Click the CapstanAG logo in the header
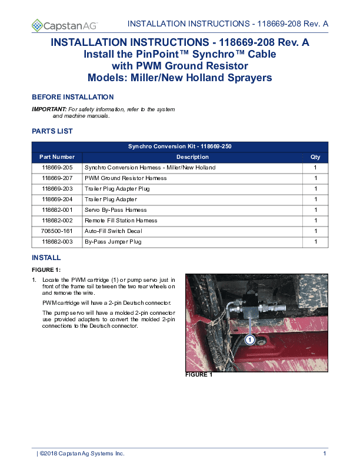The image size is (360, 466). point(65,25)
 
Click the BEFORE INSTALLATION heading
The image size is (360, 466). point(72,97)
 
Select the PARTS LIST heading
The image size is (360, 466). point(52,131)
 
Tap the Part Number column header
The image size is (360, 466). point(57,157)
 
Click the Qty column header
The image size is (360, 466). point(316,157)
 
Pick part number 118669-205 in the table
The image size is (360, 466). point(57,168)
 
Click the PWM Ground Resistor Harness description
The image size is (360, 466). point(125,178)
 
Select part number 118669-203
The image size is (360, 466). point(57,189)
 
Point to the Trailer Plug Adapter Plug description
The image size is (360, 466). point(117,189)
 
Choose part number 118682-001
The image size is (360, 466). point(57,210)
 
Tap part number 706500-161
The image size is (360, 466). point(57,231)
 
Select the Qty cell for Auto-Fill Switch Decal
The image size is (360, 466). point(316,231)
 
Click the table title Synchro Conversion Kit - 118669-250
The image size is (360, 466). point(179,147)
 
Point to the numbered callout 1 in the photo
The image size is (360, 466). point(249,340)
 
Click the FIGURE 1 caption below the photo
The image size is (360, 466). point(199,375)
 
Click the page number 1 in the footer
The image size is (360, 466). point(325,454)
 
